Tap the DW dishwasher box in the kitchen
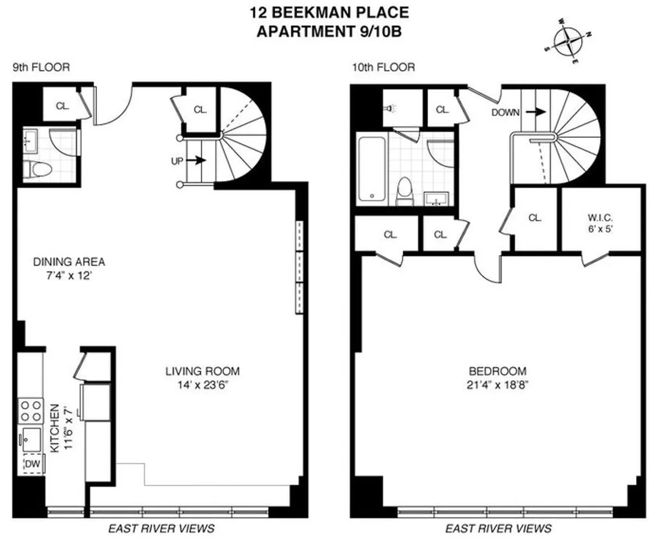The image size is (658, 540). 33,465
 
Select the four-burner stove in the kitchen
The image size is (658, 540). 31,410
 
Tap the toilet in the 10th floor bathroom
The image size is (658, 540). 405,193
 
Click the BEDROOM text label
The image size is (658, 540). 494,370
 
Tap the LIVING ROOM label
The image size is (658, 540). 202,372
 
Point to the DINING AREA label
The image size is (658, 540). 69,262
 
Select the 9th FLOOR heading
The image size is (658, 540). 42,68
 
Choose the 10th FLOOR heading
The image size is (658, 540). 383,68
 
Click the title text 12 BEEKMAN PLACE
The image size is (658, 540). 329,12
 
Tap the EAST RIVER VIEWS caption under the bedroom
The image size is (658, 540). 498,528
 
